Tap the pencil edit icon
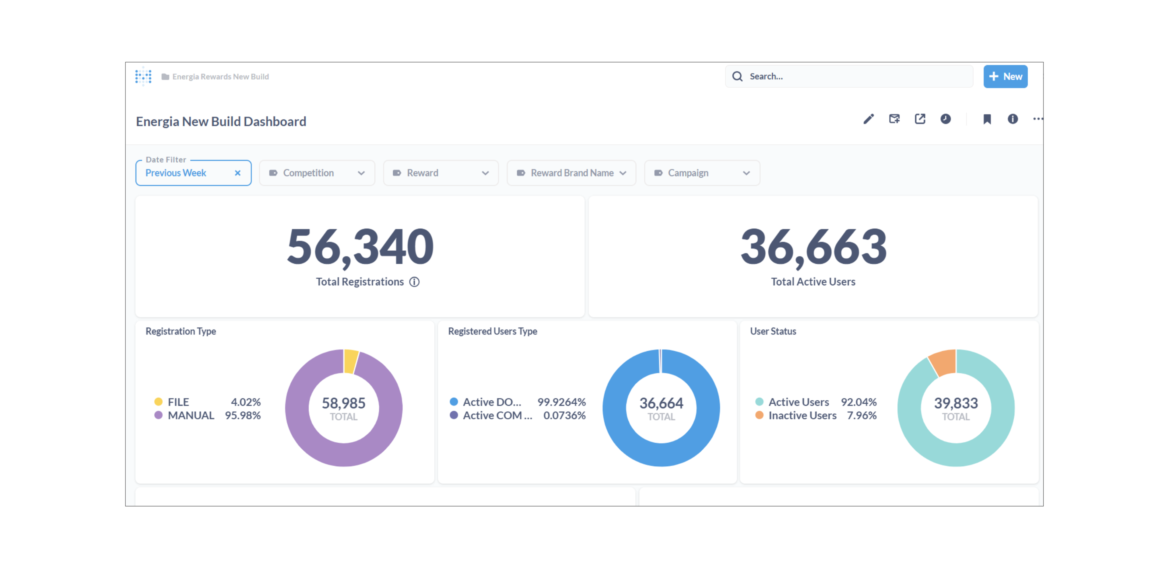pyautogui.click(x=868, y=119)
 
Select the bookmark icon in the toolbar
pyautogui.click(x=987, y=119)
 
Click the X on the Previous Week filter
pyautogui.click(x=237, y=173)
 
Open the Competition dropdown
pyautogui.click(x=317, y=173)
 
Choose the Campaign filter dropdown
pyautogui.click(x=702, y=173)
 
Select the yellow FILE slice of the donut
pyautogui.click(x=350, y=361)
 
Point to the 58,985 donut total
pyautogui.click(x=343, y=403)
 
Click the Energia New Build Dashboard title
pyautogui.click(x=221, y=122)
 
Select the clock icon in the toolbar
pyautogui.click(x=945, y=119)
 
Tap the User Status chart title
pyautogui.click(x=773, y=331)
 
